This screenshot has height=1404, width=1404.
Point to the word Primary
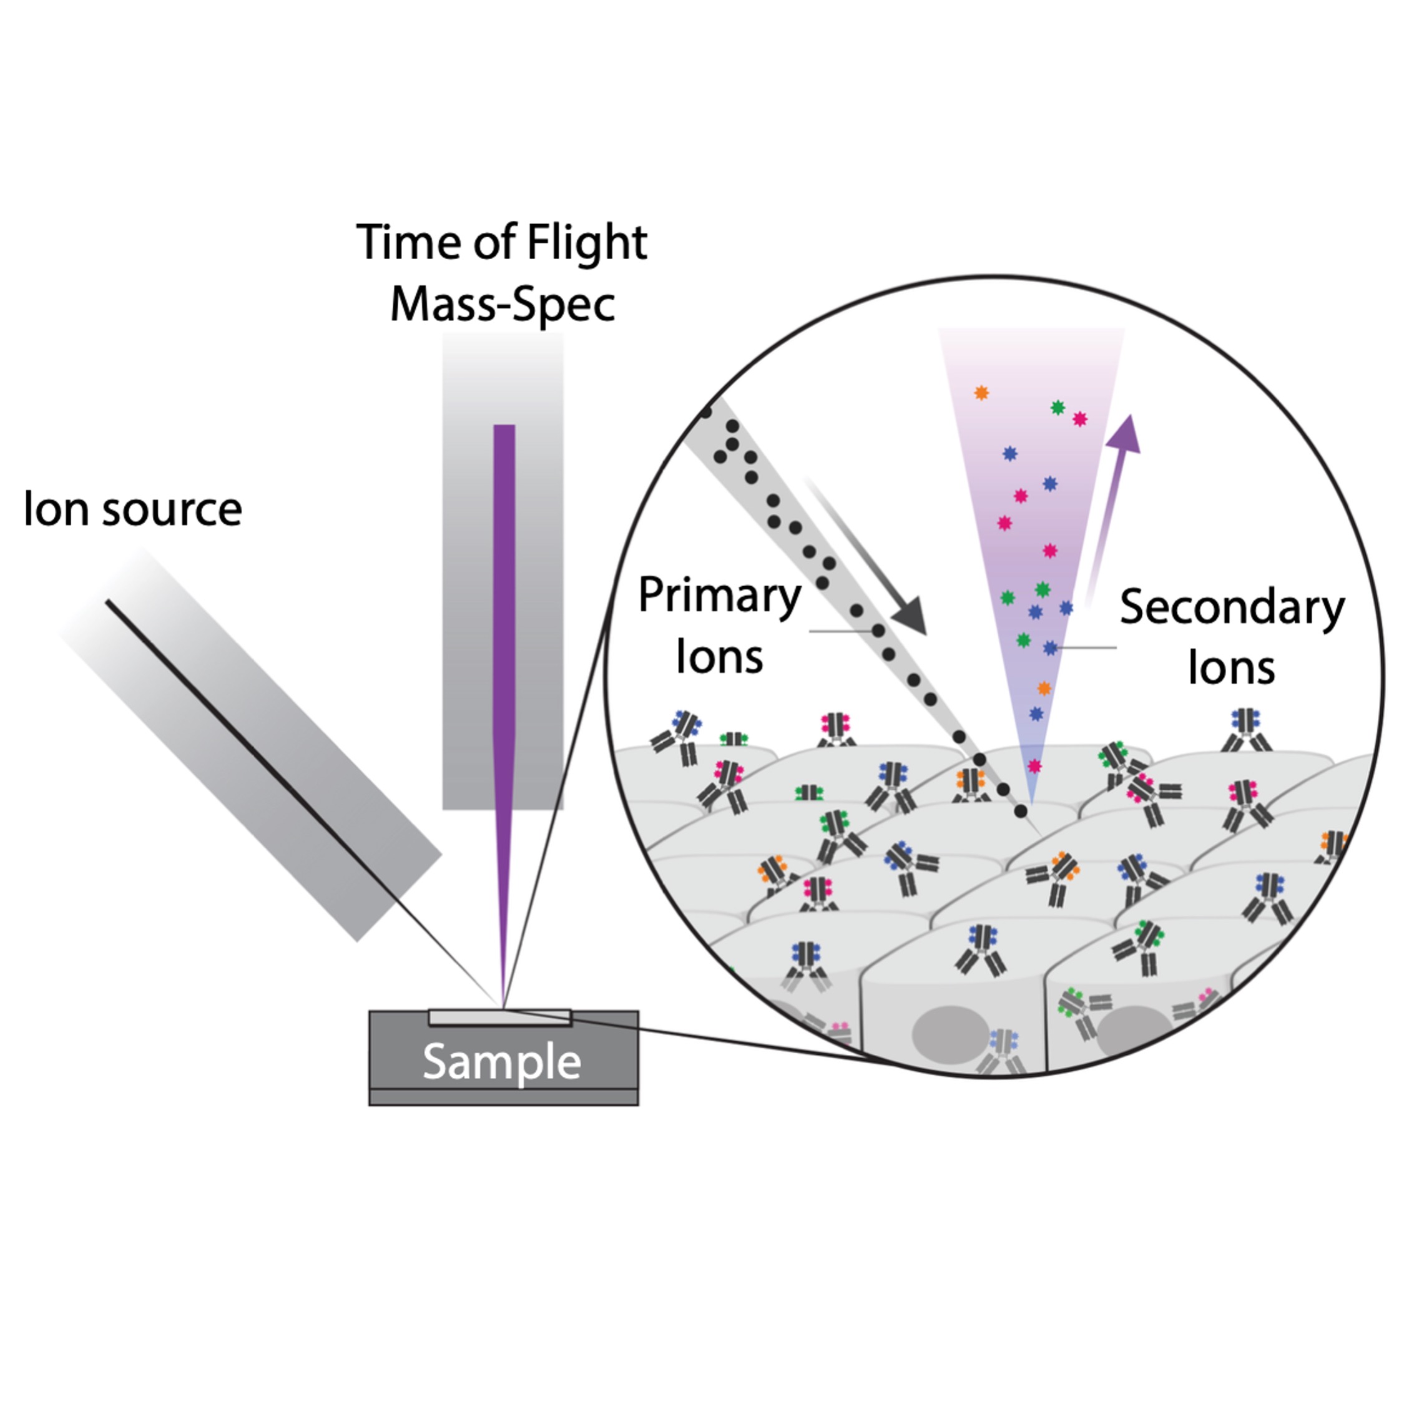[719, 597]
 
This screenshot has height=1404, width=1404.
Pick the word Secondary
[1232, 608]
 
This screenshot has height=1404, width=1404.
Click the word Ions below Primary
[719, 657]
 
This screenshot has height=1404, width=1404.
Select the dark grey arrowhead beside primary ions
[911, 616]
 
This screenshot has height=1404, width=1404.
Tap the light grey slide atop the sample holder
[500, 1018]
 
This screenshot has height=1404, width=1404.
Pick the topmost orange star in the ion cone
[981, 393]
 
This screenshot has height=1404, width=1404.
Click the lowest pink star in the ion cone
[1034, 766]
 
